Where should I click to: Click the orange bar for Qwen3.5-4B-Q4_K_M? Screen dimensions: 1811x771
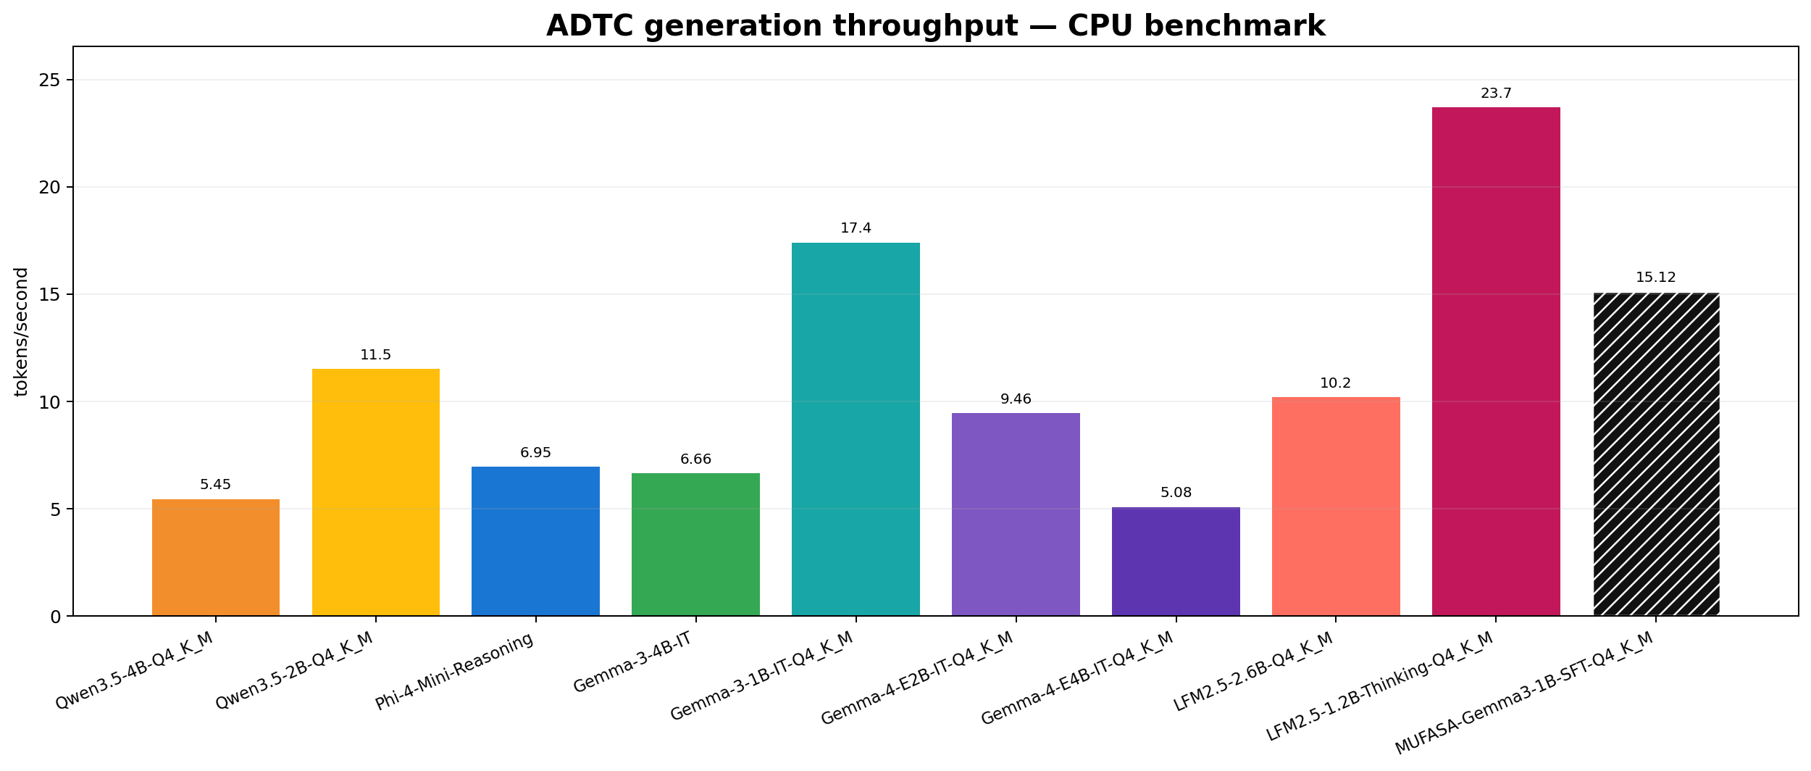(x=216, y=557)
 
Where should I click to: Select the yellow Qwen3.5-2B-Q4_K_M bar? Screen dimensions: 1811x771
(x=376, y=493)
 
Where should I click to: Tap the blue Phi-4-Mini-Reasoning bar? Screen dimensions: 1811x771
(x=536, y=541)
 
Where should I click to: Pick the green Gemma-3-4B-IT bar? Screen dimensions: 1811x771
(x=695, y=544)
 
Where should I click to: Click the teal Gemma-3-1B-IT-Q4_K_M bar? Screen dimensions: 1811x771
(x=856, y=429)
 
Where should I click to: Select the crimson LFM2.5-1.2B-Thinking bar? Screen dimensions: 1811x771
(x=1496, y=362)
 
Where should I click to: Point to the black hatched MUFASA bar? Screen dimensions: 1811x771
(x=1656, y=454)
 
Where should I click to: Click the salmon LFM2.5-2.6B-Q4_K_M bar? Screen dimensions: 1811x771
(x=1336, y=507)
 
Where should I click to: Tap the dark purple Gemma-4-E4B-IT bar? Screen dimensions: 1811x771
(x=1176, y=562)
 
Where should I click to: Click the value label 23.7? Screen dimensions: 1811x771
(x=1496, y=93)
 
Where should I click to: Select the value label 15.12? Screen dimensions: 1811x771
(x=1656, y=278)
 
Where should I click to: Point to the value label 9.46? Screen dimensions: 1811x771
(x=1016, y=399)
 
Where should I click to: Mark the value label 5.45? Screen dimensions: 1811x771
(x=216, y=485)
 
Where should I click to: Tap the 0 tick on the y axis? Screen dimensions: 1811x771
(x=58, y=616)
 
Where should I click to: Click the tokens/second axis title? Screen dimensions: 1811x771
(x=22, y=332)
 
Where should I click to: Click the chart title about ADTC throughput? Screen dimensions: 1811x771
(x=936, y=26)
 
